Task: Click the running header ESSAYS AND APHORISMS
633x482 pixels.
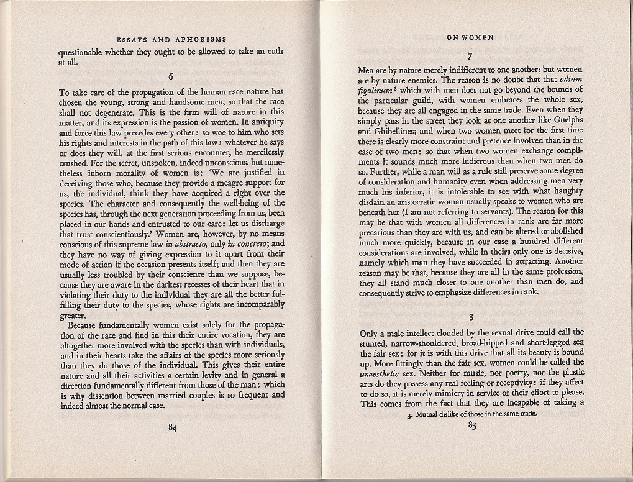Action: point(171,39)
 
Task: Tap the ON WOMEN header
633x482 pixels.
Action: point(470,37)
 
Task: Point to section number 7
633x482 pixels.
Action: point(470,55)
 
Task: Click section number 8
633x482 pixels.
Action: point(471,317)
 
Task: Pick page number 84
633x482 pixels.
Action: point(173,427)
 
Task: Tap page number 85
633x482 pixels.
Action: point(471,426)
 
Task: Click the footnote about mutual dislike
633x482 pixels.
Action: point(472,414)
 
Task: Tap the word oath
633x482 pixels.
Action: point(271,52)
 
